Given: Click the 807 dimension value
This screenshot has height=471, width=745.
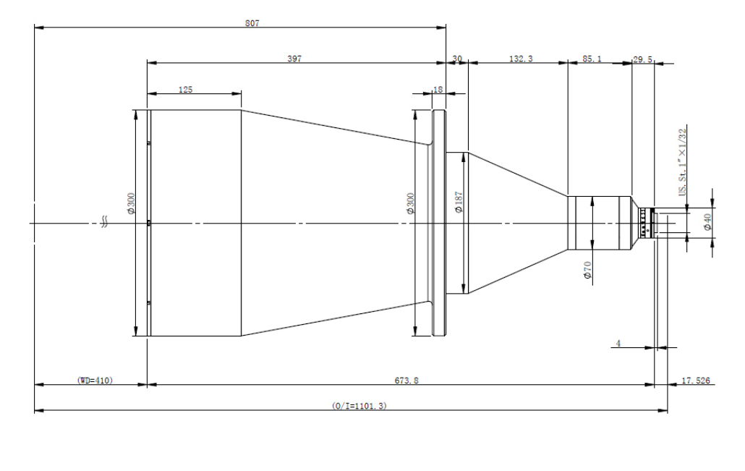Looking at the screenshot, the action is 252,23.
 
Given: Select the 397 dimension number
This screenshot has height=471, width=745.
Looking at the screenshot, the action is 294,59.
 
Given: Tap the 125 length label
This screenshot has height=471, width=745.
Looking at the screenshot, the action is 185,90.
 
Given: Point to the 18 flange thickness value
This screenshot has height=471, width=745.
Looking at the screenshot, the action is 438,89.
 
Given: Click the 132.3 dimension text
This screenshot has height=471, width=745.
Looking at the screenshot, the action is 521,59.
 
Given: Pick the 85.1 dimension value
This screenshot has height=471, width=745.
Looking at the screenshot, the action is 592,59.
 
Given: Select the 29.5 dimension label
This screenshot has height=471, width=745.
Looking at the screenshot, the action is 643,59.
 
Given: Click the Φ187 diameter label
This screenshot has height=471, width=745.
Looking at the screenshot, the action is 459,203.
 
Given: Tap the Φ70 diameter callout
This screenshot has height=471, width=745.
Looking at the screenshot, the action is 588,270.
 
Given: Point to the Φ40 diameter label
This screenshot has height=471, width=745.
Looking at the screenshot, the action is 707,222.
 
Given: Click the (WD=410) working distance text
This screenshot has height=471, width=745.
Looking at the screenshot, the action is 95,381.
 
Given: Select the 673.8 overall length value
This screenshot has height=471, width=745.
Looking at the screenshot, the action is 406,381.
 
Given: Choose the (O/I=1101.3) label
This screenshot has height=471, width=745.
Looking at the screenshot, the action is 359,406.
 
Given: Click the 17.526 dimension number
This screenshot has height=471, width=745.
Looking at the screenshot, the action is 696,381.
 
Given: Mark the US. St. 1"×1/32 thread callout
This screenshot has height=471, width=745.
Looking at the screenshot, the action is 682,162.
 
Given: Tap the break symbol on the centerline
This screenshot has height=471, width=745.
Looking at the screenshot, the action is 105,222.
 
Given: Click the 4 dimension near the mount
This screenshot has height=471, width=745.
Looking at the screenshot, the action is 618,343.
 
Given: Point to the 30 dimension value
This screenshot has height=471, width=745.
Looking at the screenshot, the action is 457,59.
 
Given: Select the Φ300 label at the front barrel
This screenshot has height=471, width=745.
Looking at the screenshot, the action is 131,203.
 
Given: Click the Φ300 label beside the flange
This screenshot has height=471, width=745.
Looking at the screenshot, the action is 411,203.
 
